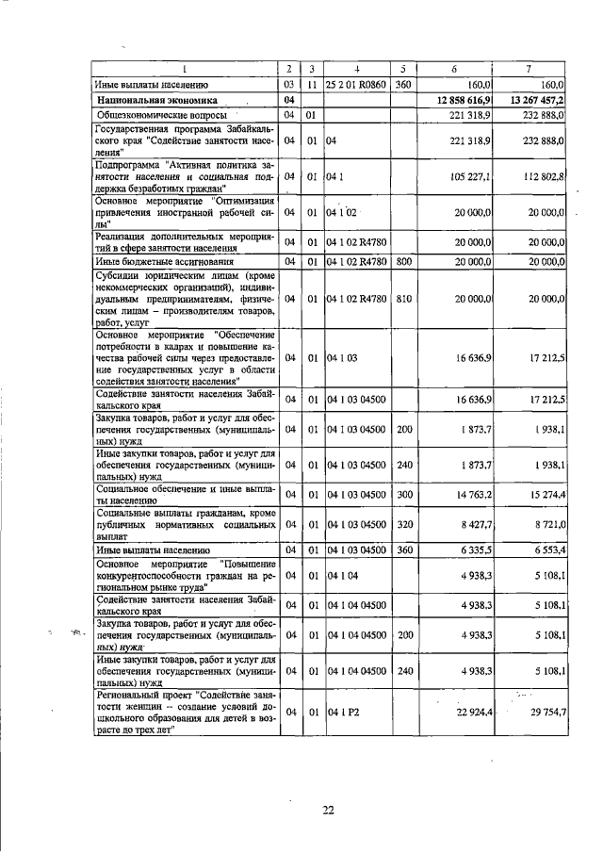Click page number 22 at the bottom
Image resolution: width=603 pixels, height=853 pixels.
[329, 808]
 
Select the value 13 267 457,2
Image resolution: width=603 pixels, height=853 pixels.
[536, 99]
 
